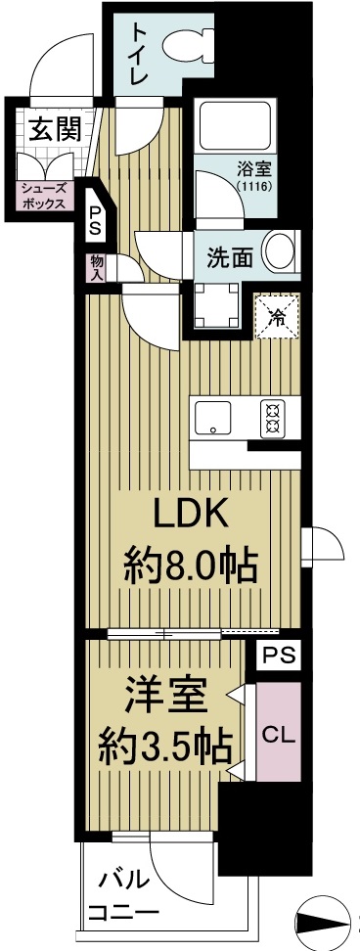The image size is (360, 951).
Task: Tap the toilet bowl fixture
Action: coord(187,45)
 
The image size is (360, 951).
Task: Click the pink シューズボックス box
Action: coord(44,196)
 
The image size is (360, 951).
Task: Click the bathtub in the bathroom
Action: coord(234,128)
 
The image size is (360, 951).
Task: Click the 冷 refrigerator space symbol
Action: coord(278,315)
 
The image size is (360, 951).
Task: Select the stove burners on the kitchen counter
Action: coord(271,419)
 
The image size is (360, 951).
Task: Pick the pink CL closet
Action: coord(280,733)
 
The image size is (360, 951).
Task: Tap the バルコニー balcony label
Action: coord(122,895)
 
